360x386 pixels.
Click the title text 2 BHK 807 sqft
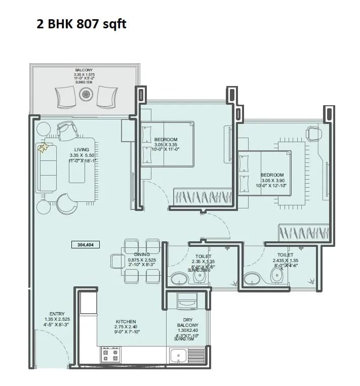[x=81, y=23]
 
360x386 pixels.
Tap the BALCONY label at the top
[x=84, y=70]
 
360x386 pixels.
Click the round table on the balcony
[x=86, y=94]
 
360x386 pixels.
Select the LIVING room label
[x=82, y=150]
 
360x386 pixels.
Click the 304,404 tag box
[x=86, y=244]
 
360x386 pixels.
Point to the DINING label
[x=142, y=254]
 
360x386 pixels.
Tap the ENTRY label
[x=57, y=314]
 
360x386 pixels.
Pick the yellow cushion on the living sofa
[x=44, y=148]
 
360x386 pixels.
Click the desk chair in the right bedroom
[x=313, y=134]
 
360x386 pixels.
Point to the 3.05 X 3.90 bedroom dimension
[x=272, y=180]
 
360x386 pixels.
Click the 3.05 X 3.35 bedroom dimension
[x=166, y=145]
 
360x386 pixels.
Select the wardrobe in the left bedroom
[x=203, y=195]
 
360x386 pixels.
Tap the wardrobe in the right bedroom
[x=303, y=233]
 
